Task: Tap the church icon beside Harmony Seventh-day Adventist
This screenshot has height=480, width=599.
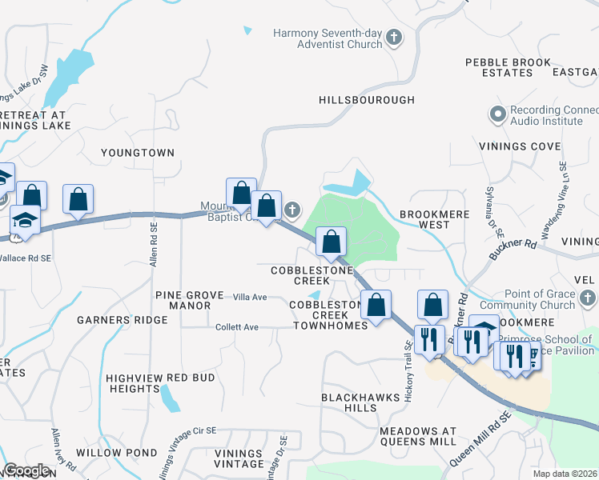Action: pyautogui.click(x=394, y=37)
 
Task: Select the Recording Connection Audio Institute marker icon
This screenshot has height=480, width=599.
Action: pyautogui.click(x=498, y=114)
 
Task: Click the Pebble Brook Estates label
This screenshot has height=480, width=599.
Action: pyautogui.click(x=509, y=67)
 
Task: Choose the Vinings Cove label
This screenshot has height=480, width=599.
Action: pyautogui.click(x=520, y=146)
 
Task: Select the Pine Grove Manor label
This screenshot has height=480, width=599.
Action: pyautogui.click(x=189, y=301)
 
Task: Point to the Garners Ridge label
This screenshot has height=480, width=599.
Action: pyautogui.click(x=123, y=320)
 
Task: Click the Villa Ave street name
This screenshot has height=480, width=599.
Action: pyautogui.click(x=249, y=297)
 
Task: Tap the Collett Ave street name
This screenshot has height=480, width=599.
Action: pyautogui.click(x=237, y=327)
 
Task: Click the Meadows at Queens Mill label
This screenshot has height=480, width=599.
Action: pyautogui.click(x=418, y=436)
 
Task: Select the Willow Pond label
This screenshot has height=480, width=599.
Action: pyautogui.click(x=107, y=452)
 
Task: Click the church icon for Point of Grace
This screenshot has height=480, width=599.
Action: pyautogui.click(x=588, y=299)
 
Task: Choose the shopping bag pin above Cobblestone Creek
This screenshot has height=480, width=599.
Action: pyautogui.click(x=331, y=241)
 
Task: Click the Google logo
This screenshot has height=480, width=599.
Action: pyautogui.click(x=27, y=470)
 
